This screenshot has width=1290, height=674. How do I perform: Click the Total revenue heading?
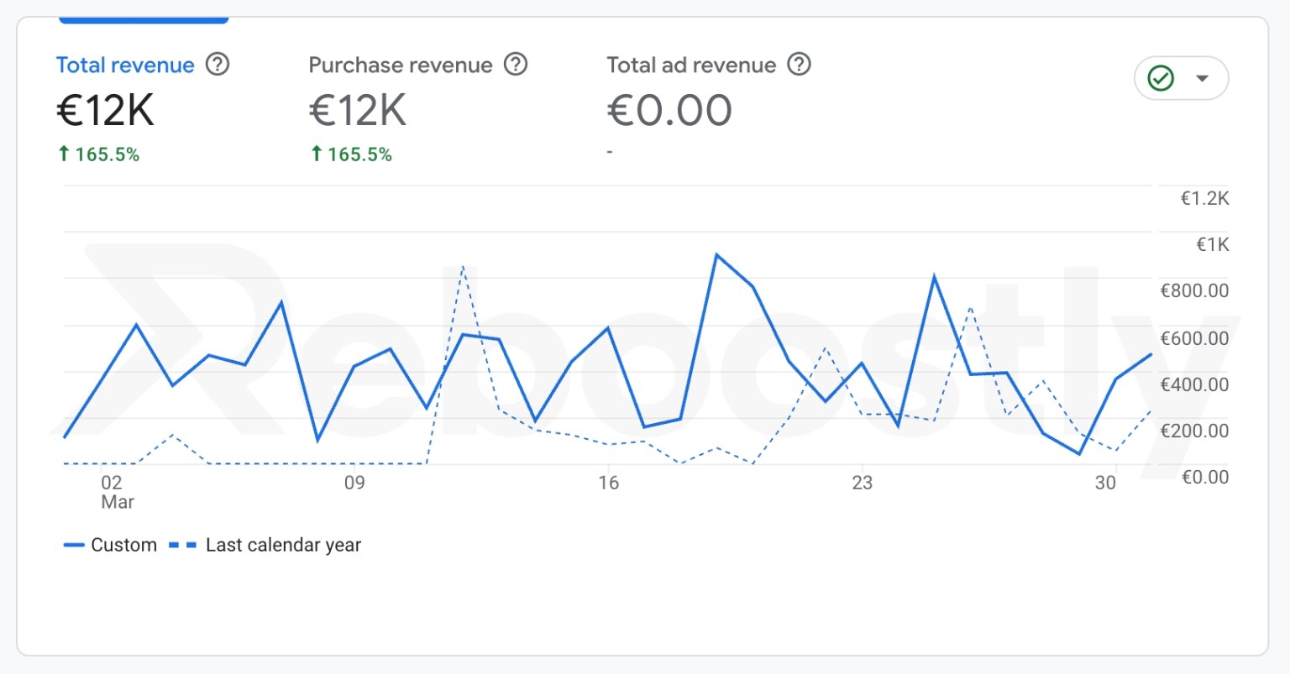pos(125,65)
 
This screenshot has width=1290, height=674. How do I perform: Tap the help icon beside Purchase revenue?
pos(516,64)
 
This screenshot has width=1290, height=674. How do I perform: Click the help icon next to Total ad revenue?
pos(800,64)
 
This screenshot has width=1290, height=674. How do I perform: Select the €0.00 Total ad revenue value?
pos(669,110)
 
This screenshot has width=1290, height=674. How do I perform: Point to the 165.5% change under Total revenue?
pos(99,154)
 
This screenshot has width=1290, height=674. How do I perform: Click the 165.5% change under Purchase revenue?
pos(352,154)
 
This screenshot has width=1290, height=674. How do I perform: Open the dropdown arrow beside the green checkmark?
pos(1202,78)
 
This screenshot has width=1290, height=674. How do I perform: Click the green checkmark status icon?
pos(1161,78)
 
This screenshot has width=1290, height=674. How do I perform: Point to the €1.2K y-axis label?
pos(1204,199)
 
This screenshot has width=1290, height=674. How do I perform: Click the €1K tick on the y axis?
pos(1212,245)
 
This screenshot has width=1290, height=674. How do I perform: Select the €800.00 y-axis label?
pos(1194,291)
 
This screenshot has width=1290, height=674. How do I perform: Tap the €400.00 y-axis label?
pos(1194,385)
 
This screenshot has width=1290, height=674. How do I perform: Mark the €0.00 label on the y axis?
pos(1204,478)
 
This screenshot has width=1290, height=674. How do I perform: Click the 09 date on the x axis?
pos(354,483)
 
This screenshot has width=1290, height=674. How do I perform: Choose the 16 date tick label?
pos(608,483)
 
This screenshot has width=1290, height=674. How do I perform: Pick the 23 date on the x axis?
pos(862,483)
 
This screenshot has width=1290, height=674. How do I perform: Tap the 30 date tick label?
pos(1105,483)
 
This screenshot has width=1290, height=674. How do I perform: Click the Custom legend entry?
pos(111,545)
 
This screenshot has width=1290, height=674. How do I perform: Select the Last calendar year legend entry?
pos(266,545)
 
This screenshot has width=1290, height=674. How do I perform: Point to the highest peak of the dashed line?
pos(463,266)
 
